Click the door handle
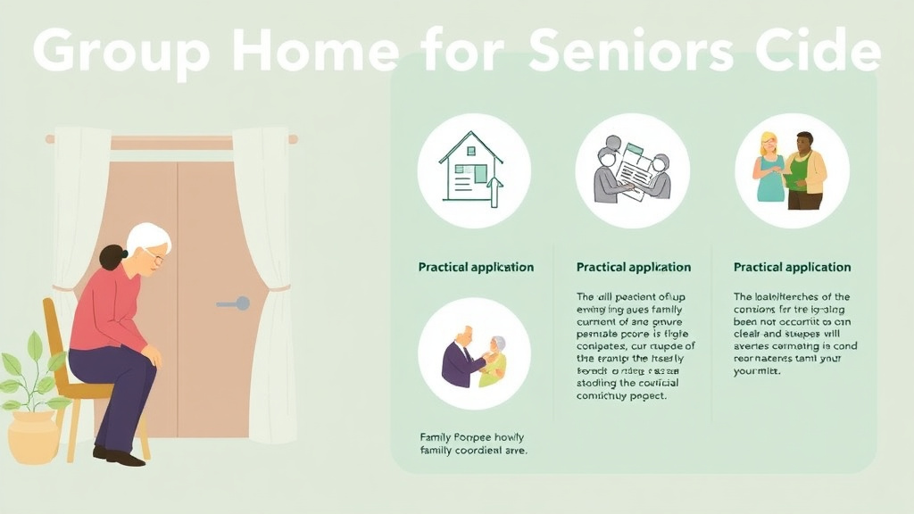click(233, 303)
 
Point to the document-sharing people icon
click(632, 170)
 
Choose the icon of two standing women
click(791, 170)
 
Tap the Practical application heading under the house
click(476, 267)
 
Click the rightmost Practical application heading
click(792, 267)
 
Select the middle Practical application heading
click(634, 267)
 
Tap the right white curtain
click(265, 286)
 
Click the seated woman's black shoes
click(119, 456)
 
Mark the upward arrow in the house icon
click(495, 192)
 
